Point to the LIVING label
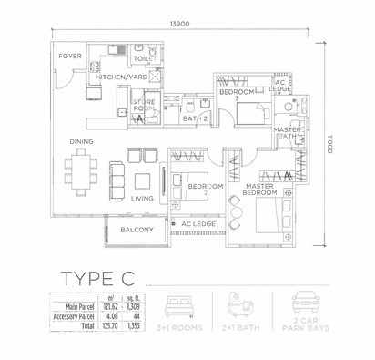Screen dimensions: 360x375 (x=142, y=198)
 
